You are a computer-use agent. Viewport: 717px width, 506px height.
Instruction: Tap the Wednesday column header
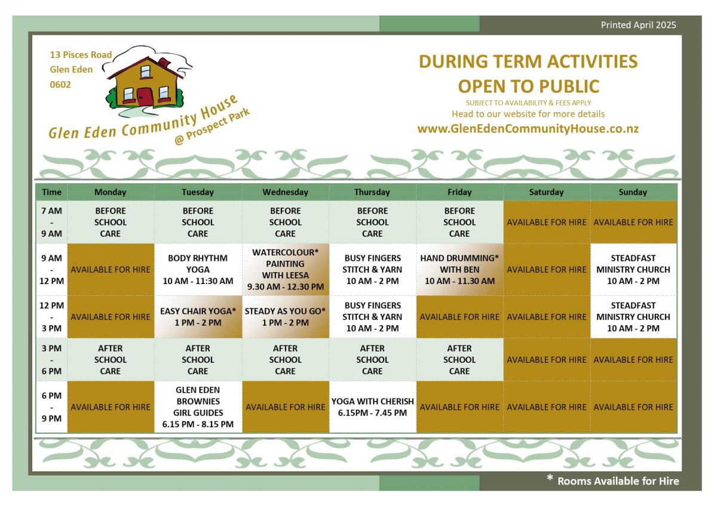pyautogui.click(x=285, y=192)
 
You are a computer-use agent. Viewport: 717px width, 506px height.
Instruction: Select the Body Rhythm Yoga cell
pyautogui.click(x=198, y=270)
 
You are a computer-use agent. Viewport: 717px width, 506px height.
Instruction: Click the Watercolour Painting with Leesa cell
pyautogui.click(x=285, y=270)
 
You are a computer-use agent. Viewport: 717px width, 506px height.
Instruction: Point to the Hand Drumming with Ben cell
pyautogui.click(x=459, y=270)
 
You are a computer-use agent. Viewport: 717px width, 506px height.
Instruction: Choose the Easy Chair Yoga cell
pyautogui.click(x=198, y=317)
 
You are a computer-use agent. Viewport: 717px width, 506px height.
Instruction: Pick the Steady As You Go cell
pyautogui.click(x=285, y=317)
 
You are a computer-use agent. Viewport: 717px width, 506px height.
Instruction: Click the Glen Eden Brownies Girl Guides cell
pyautogui.click(x=198, y=407)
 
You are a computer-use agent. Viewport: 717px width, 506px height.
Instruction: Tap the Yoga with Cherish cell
pyautogui.click(x=373, y=407)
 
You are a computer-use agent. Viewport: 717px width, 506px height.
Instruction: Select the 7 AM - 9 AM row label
pyautogui.click(x=51, y=222)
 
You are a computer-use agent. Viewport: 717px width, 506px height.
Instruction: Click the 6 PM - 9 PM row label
pyautogui.click(x=51, y=407)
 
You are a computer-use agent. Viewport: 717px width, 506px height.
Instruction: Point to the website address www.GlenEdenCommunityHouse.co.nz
pyautogui.click(x=528, y=128)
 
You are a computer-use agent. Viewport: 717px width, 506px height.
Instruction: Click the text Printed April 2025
pyautogui.click(x=638, y=25)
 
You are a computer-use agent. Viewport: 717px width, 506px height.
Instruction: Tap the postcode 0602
pyautogui.click(x=60, y=84)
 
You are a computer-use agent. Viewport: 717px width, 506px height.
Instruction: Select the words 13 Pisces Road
pyautogui.click(x=81, y=55)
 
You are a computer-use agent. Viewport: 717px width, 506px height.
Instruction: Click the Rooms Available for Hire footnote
pyautogui.click(x=613, y=481)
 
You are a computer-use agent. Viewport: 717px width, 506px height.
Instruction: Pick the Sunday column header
pyautogui.click(x=633, y=192)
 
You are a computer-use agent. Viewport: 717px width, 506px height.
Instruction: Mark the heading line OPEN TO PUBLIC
pyautogui.click(x=528, y=86)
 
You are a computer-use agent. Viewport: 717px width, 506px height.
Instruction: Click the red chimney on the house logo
pyautogui.click(x=164, y=62)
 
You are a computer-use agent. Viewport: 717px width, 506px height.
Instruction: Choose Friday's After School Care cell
pyautogui.click(x=459, y=360)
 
